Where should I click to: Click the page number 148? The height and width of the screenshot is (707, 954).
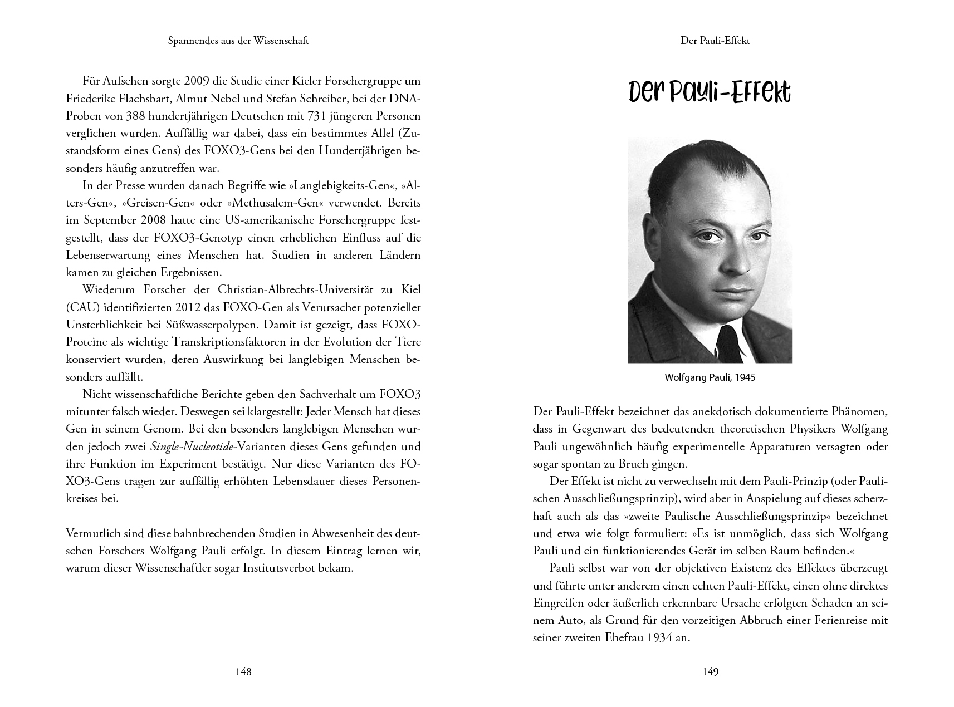pos(243,672)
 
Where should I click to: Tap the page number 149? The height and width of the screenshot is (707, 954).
pos(710,672)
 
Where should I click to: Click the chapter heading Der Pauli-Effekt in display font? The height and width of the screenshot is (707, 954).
pos(710,94)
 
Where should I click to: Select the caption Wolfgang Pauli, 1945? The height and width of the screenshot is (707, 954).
pos(710,377)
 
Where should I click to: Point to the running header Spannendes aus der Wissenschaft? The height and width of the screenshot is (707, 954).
pos(238,41)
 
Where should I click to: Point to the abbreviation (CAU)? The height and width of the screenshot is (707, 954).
pos(83,307)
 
